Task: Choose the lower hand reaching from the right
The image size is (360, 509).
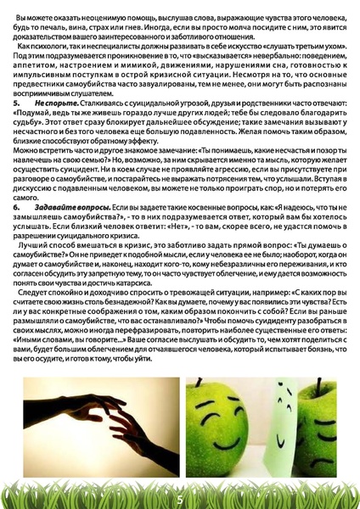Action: (x=127, y=424)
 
